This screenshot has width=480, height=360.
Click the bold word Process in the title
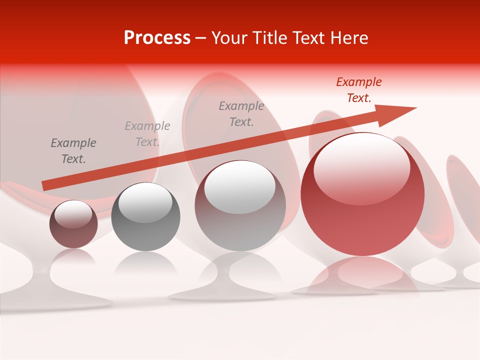157,38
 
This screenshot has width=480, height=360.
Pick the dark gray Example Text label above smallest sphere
73,151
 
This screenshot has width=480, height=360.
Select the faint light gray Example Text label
147,134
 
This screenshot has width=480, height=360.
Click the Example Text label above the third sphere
241,113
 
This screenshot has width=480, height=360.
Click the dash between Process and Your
201,38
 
